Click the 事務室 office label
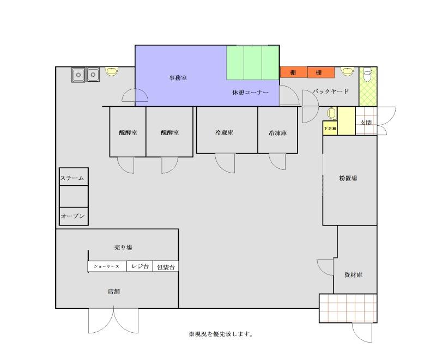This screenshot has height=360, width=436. (178, 78)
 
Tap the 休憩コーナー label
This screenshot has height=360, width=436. (250, 93)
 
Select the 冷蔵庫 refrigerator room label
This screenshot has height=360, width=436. (224, 132)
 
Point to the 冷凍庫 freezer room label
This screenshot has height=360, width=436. (277, 133)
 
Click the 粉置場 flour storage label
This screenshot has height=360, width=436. (348, 178)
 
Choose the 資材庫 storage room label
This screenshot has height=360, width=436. (353, 275)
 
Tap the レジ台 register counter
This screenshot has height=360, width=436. (140, 266)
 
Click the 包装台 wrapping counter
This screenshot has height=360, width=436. (166, 266)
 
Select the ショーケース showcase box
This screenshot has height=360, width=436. (107, 266)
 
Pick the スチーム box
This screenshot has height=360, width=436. (74, 177)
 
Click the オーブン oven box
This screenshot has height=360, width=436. (74, 216)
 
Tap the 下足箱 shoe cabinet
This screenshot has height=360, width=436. (330, 129)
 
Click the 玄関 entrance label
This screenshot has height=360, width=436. (366, 123)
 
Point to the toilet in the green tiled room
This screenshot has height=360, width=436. (367, 74)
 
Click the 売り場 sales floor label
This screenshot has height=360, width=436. (123, 247)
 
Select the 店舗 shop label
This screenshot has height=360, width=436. (114, 291)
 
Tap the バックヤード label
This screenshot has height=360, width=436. (330, 91)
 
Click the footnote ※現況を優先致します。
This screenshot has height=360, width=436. (221, 334)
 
